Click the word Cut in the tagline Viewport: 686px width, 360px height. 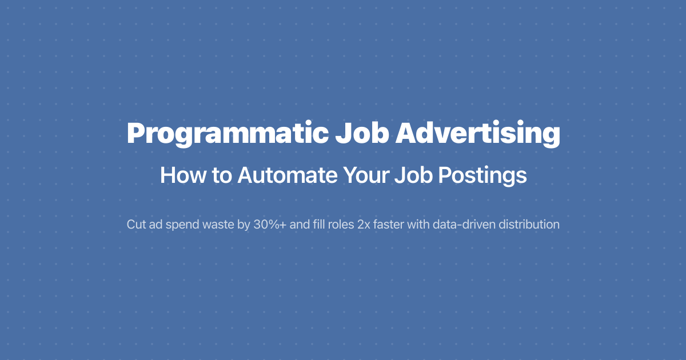pos(136,225)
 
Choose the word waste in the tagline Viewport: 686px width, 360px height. pos(218,225)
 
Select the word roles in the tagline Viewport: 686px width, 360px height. pos(342,225)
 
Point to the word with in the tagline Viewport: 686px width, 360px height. pos(418,225)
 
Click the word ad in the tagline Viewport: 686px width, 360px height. pos(156,225)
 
